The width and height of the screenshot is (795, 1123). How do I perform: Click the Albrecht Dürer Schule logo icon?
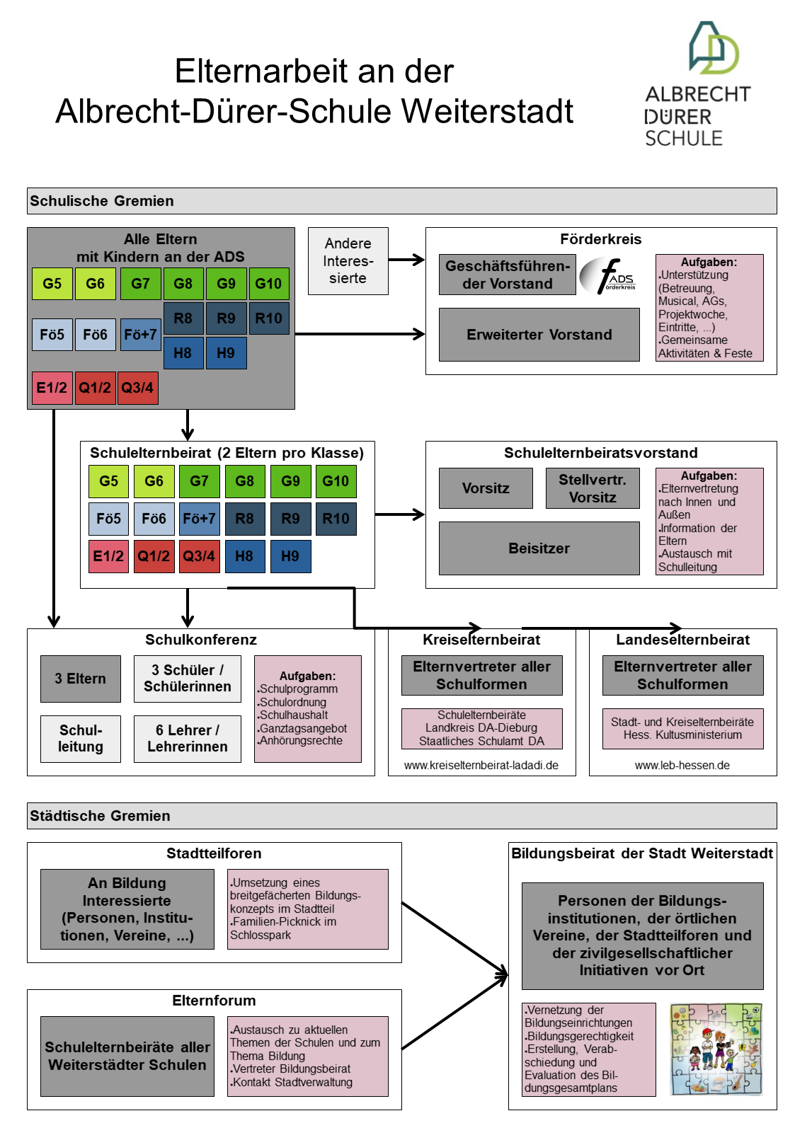click(x=714, y=47)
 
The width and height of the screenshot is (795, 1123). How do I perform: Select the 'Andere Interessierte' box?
click(x=348, y=260)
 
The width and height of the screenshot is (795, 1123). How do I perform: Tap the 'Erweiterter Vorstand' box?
click(x=539, y=335)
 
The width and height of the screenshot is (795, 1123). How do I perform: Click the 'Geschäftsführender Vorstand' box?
click(x=507, y=275)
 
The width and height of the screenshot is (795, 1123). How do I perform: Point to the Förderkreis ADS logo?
click(x=608, y=275)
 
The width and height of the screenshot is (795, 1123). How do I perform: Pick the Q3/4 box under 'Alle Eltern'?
click(x=137, y=388)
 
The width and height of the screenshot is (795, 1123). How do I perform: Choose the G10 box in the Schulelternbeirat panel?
click(x=336, y=481)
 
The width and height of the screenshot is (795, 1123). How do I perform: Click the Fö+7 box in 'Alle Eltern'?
click(x=140, y=335)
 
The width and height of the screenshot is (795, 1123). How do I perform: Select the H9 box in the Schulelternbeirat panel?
click(x=290, y=556)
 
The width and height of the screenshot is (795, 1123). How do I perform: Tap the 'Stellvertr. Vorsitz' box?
click(x=593, y=488)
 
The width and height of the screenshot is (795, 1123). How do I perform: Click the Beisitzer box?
click(x=539, y=548)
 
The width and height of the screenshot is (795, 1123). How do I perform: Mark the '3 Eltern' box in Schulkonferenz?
click(x=80, y=679)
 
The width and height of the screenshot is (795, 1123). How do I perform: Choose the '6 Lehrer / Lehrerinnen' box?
click(x=188, y=739)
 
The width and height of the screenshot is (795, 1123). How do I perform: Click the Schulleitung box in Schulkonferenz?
click(x=80, y=739)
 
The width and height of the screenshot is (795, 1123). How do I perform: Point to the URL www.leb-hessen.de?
click(x=682, y=765)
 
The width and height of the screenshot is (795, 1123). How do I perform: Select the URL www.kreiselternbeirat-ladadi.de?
click(x=481, y=765)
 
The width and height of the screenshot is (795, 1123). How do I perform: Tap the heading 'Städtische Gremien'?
click(x=100, y=816)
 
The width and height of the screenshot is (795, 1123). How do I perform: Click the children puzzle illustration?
click(x=716, y=1049)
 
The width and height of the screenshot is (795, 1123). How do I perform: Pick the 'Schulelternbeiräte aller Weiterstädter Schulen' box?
click(x=127, y=1056)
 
